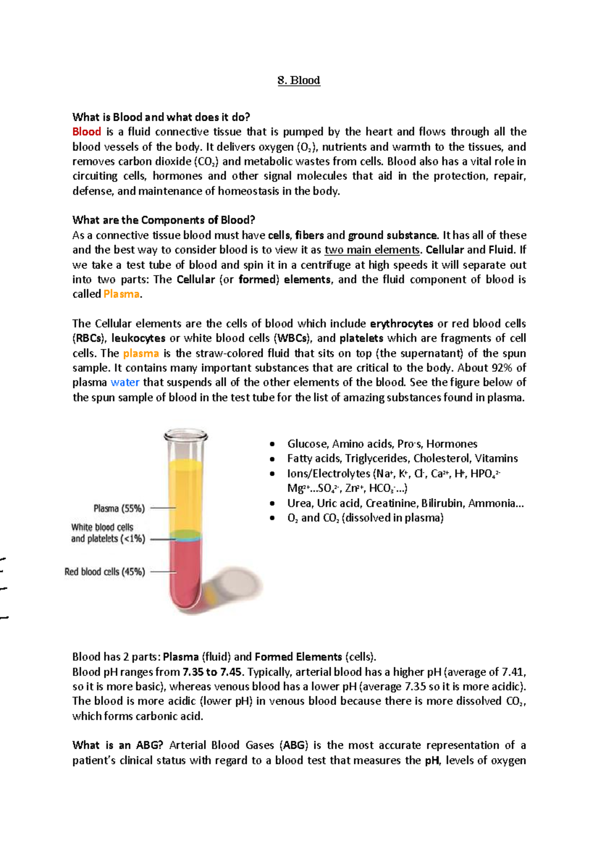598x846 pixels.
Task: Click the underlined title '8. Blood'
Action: click(299, 80)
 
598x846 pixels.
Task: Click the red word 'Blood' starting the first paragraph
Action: click(87, 132)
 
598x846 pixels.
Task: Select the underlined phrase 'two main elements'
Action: click(372, 250)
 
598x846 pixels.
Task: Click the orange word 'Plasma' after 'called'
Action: click(121, 294)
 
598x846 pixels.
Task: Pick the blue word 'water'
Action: click(125, 382)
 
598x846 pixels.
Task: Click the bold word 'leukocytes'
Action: click(138, 338)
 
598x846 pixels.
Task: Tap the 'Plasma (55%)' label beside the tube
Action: click(119, 508)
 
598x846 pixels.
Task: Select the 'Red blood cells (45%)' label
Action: click(105, 572)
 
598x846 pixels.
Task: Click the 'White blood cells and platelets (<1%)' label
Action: click(108, 533)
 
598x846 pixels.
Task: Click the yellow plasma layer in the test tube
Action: click(185, 494)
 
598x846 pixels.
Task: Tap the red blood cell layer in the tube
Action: click(184, 573)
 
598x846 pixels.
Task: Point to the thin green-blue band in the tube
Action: click(185, 536)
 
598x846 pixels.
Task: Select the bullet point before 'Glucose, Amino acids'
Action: click(272, 444)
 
